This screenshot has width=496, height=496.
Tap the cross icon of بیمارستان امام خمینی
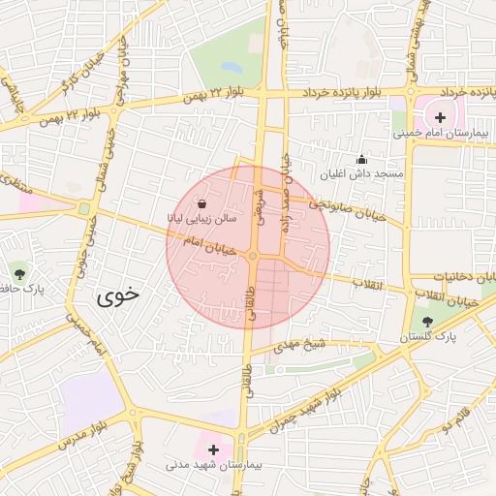click(x=441, y=116)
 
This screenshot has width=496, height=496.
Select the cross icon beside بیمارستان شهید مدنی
click(x=213, y=449)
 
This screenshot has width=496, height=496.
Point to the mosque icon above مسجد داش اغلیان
click(x=362, y=159)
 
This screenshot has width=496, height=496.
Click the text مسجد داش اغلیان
click(x=362, y=173)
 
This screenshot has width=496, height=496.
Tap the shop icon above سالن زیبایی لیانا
click(x=201, y=203)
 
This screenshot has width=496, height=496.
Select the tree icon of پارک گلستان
click(x=427, y=322)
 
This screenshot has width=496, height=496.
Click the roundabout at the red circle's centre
click(x=252, y=255)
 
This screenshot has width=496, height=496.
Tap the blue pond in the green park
click(x=231, y=68)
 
